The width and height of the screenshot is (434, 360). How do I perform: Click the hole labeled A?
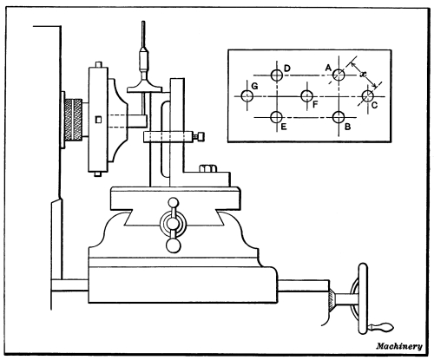[x=339, y=75]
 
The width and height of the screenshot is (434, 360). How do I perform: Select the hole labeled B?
[x=339, y=117]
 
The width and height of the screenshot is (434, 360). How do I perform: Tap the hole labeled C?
[x=368, y=96]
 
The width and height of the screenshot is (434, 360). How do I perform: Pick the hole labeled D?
[x=277, y=75]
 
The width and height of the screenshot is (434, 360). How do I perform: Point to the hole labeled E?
[x=277, y=117]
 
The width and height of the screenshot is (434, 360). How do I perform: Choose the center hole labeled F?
[x=307, y=95]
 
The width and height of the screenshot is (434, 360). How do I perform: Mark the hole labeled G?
[x=247, y=95]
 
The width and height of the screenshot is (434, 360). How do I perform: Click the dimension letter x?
[x=363, y=74]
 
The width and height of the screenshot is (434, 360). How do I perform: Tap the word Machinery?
[x=399, y=346]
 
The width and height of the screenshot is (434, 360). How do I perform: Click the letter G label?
[x=254, y=86]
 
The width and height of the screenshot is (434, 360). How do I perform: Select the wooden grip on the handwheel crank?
[x=383, y=327]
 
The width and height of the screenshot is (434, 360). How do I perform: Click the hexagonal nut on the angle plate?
[x=207, y=168]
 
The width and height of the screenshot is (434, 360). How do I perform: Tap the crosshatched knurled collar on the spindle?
[x=73, y=120]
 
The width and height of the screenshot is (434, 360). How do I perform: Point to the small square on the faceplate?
[x=99, y=120]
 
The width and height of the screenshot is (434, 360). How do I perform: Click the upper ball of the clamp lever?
[x=174, y=202]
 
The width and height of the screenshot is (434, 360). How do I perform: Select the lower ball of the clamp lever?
[x=173, y=245]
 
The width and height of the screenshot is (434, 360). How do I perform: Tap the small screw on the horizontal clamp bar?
[x=199, y=136]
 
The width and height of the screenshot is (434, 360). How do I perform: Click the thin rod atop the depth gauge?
[x=143, y=35]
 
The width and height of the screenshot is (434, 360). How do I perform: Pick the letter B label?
[x=348, y=127]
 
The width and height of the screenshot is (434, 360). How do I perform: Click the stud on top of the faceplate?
[x=99, y=64]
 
